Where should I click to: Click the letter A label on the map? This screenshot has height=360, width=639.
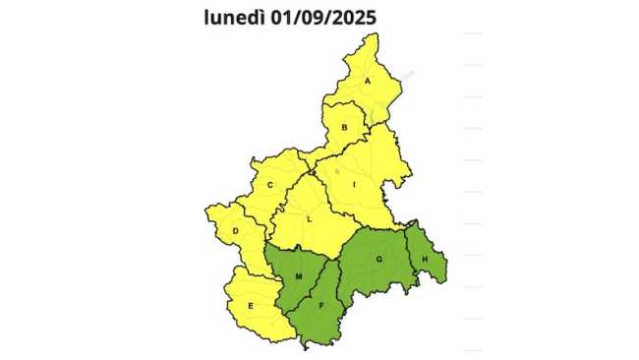pos(369,81)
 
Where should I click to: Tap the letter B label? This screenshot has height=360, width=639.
pos(345,127)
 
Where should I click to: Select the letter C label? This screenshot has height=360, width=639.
pos(269,185)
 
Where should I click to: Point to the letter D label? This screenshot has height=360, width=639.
pos(236,232)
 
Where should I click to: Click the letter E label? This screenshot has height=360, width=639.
pos(251,307)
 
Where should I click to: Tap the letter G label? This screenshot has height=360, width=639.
pos(378,259)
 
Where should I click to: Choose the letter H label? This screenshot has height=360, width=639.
pos(425,260)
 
